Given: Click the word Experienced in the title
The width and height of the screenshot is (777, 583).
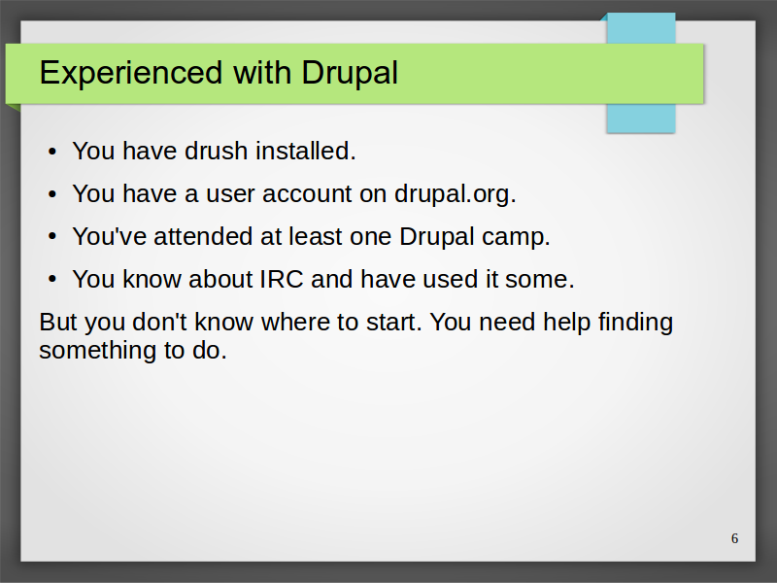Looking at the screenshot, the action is tap(131, 74).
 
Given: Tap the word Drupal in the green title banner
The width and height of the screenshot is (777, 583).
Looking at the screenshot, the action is tap(350, 74).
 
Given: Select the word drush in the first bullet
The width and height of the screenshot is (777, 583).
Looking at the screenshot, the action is tap(216, 151).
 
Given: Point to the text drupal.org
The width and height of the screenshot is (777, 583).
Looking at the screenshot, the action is tap(456, 193).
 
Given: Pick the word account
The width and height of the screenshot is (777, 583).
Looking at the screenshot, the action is tap(307, 193).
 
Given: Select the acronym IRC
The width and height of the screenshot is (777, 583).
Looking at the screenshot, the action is tap(282, 279).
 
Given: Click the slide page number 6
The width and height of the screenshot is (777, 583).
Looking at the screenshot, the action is tap(735, 538).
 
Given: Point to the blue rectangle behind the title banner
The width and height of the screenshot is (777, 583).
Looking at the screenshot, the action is tap(641, 118).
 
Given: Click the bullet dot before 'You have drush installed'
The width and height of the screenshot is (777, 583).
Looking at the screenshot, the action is tap(52, 152).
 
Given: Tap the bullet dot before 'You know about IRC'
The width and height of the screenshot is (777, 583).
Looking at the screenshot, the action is tap(52, 280).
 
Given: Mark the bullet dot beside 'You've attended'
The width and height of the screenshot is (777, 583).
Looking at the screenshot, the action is tap(52, 237).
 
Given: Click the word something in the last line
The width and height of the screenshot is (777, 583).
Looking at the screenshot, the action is tap(98, 352).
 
